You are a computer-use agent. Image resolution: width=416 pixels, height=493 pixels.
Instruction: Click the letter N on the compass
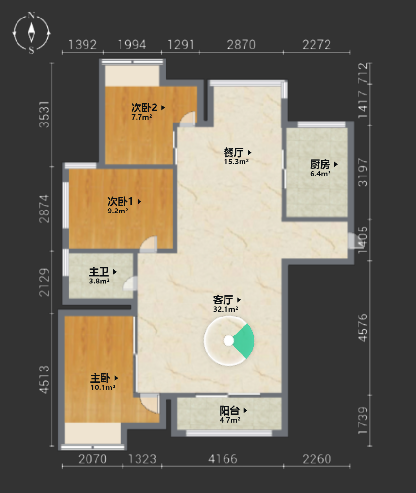click(31, 15)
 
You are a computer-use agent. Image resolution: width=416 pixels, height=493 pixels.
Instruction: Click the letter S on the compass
click(31, 50)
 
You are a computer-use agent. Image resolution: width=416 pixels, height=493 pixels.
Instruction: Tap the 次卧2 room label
click(144, 107)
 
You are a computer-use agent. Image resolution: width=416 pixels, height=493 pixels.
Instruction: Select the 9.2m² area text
click(118, 211)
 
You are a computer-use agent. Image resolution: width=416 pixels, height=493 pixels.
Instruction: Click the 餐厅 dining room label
click(233, 153)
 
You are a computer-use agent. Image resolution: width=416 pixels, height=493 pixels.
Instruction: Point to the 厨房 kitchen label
click(320, 164)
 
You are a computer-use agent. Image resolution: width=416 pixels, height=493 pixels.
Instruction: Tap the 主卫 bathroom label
click(99, 272)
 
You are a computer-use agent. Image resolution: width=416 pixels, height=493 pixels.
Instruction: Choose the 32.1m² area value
click(225, 309)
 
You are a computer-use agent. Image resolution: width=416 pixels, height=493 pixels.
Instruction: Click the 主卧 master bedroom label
click(101, 378)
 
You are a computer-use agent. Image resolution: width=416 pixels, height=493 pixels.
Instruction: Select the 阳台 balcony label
click(229, 410)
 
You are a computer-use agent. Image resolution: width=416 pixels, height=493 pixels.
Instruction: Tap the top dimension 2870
click(242, 45)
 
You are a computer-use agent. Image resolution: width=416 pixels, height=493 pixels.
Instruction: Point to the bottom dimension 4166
click(223, 459)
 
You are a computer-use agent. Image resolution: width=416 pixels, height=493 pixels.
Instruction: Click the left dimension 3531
click(44, 114)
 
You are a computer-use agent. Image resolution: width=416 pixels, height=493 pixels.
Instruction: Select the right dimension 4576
click(363, 328)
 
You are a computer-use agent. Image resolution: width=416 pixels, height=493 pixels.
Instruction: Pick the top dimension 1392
click(82, 45)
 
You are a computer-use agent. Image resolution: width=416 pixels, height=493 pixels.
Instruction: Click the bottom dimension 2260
click(317, 459)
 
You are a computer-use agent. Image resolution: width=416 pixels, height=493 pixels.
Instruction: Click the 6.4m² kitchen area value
click(320, 174)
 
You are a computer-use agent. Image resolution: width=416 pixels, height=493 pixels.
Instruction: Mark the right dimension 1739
click(363, 421)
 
